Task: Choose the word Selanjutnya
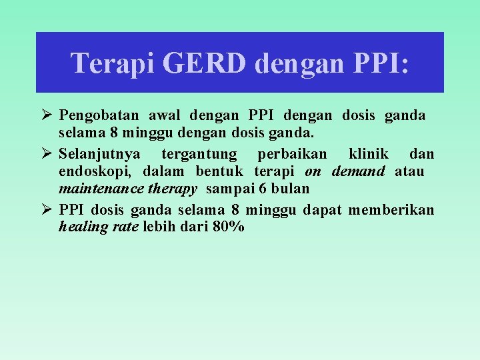point(99,154)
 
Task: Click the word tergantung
point(199,154)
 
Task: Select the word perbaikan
point(292,154)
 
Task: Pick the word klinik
point(367,154)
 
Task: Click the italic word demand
point(358,171)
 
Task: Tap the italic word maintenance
point(95,189)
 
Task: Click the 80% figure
point(229,227)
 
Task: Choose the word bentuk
point(221,171)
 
